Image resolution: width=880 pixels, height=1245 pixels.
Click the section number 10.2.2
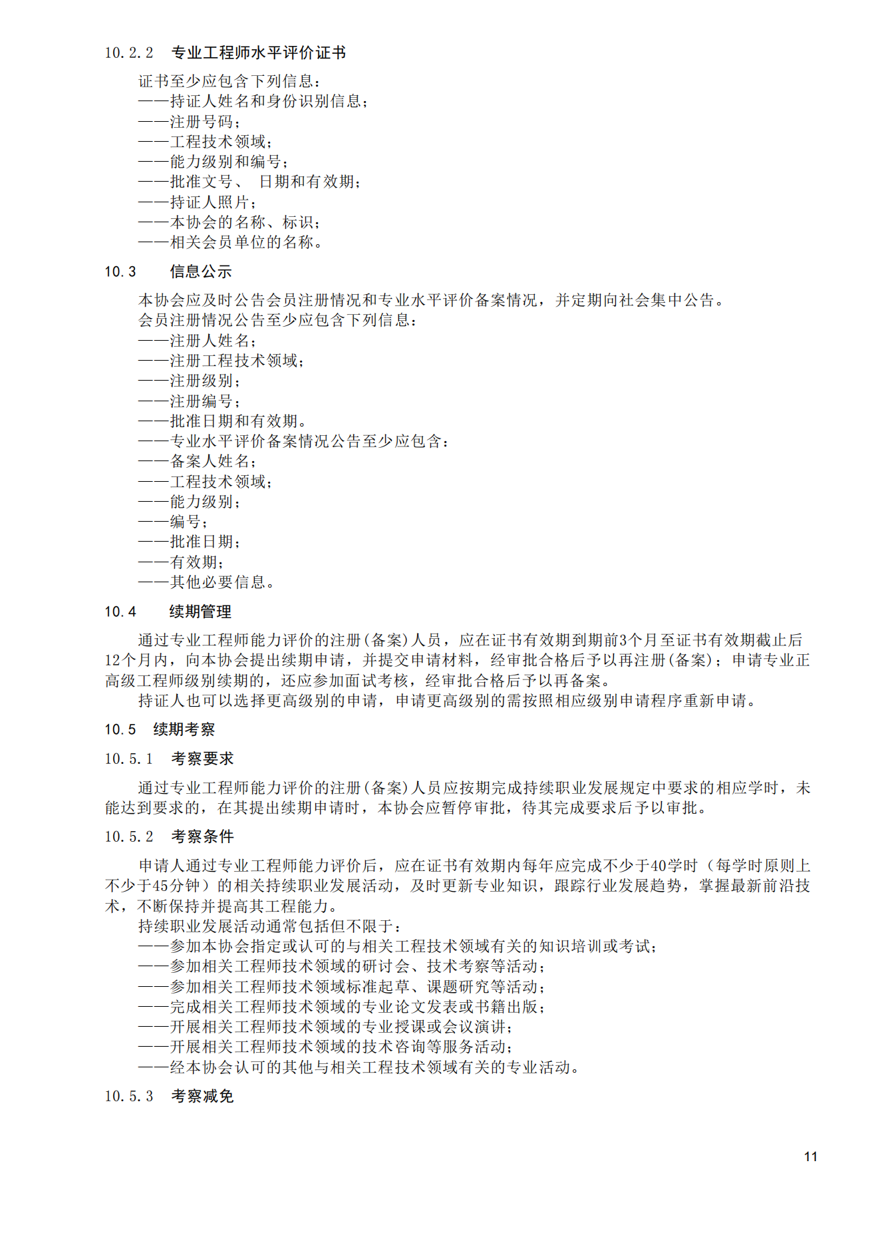coord(128,53)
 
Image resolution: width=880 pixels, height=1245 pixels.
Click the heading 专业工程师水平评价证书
coord(258,53)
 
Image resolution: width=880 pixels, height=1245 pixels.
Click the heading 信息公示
coord(200,271)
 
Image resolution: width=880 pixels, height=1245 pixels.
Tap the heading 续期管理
coord(200,612)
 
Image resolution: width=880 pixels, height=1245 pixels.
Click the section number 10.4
coord(120,612)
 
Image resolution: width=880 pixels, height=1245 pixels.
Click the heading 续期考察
coord(184,729)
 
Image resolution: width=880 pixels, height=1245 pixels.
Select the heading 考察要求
coord(202,759)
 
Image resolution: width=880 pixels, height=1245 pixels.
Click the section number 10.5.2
coord(128,836)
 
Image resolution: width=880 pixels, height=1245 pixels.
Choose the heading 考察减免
coord(202,1096)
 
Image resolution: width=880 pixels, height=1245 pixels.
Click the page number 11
coord(810,1156)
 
